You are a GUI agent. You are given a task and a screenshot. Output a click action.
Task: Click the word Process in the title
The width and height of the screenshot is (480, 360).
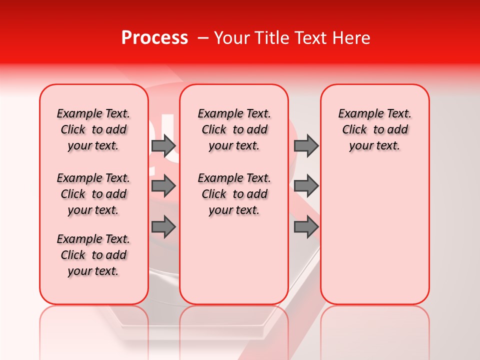point(154,38)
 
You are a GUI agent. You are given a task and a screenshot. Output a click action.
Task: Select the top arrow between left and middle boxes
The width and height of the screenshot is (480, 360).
point(163,145)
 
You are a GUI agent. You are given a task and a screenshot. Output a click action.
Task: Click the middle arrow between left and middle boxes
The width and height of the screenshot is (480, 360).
point(163,186)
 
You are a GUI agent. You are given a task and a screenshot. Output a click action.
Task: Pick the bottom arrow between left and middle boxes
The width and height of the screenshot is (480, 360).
point(163,226)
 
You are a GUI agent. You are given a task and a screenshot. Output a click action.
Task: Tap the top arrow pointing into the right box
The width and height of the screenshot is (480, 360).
point(306,145)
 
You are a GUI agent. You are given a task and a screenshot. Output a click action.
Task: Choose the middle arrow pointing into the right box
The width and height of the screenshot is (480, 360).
point(306,186)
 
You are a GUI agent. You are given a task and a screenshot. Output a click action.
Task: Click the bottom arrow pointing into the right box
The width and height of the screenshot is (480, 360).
point(306,226)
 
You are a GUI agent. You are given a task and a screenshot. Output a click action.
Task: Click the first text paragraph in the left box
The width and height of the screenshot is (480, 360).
point(93,129)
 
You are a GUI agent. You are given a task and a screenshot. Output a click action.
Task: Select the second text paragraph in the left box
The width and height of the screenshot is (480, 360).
point(93,194)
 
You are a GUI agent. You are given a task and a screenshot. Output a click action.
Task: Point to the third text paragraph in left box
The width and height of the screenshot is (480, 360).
point(93,255)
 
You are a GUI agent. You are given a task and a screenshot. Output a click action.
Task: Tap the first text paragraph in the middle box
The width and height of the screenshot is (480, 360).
point(234,129)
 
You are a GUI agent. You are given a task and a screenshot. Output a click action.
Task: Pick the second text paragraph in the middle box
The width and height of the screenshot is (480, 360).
point(234,194)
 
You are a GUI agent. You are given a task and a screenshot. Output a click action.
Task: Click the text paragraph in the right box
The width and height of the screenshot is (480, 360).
point(374,129)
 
